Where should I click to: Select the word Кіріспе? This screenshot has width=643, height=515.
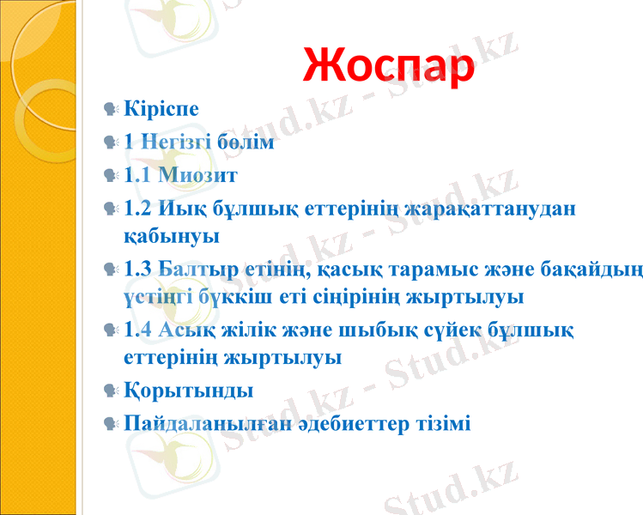pyautogui.click(x=161, y=109)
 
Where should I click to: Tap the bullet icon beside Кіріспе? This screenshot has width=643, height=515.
pyautogui.click(x=108, y=109)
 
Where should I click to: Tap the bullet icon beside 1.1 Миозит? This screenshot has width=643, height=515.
pyautogui.click(x=108, y=176)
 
